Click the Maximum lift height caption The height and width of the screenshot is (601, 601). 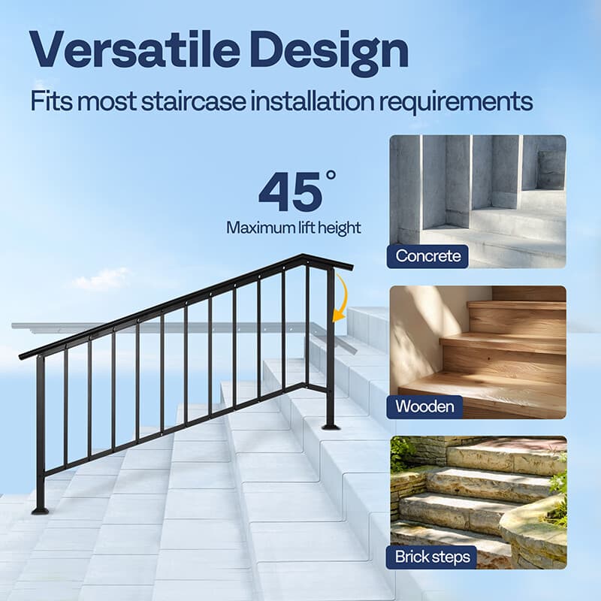[294, 228]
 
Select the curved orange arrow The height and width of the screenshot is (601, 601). [342, 297]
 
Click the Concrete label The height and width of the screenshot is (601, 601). [428, 255]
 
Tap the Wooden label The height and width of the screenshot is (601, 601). [425, 406]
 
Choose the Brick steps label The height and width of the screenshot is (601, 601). [433, 557]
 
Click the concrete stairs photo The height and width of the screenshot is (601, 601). [478, 195]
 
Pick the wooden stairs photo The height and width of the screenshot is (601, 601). [478, 346]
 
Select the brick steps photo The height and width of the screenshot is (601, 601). [478, 496]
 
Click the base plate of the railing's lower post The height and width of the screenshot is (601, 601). [40, 510]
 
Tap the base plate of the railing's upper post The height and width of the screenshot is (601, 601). [330, 427]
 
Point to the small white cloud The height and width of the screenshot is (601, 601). [101, 279]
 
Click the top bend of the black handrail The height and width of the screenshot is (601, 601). [307, 258]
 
